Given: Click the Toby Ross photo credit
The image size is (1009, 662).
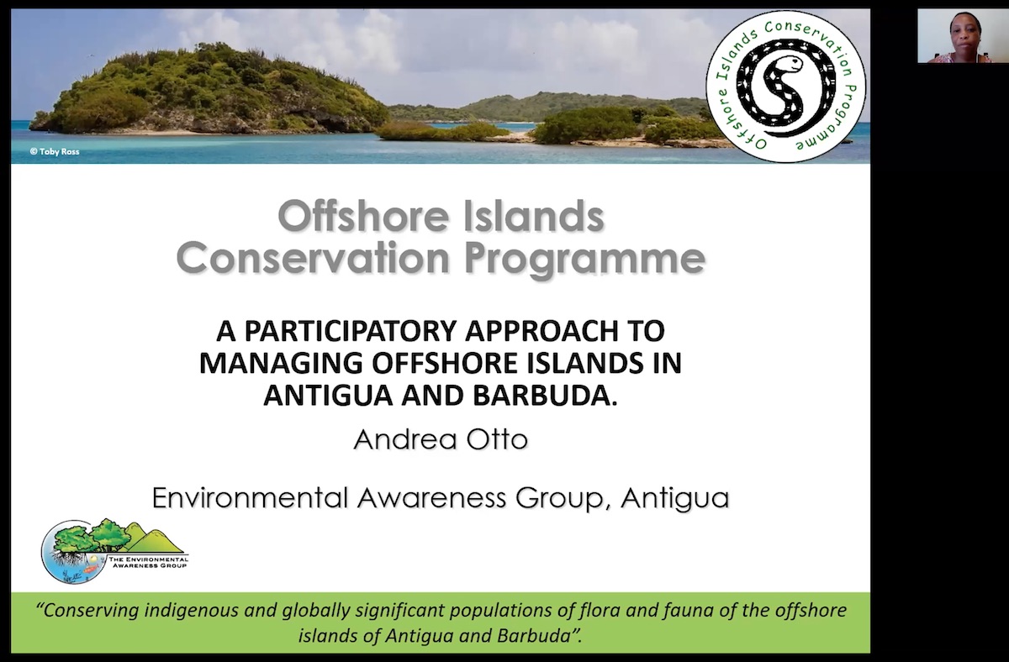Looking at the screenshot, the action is [x=55, y=152].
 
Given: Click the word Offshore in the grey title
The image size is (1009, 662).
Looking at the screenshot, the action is [x=363, y=217].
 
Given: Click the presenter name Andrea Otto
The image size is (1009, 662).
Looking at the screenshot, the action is [x=441, y=439].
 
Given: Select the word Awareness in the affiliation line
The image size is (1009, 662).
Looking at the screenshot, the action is [x=431, y=497].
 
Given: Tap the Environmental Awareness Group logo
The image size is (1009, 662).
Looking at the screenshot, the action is [x=115, y=551].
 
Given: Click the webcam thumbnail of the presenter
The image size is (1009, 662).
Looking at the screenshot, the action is [x=963, y=36].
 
